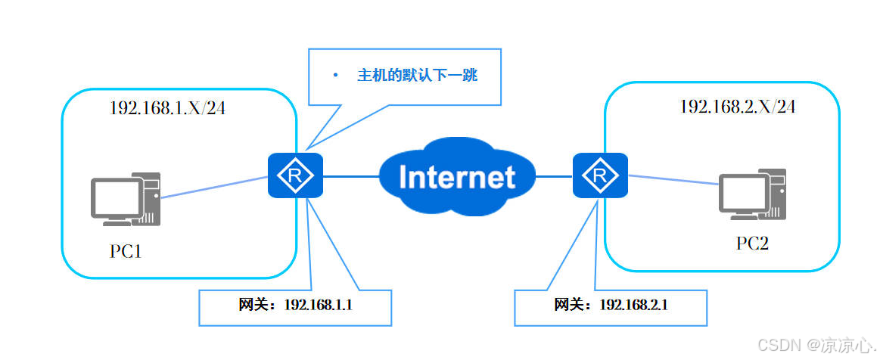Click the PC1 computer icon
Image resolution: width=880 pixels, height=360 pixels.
pos(125,200)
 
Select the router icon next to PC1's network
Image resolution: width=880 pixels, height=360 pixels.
pos(295,175)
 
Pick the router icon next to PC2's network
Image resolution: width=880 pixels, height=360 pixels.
pos(600,175)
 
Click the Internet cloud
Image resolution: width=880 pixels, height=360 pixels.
pos(457,176)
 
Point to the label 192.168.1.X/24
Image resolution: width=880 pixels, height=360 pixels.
pos(167,108)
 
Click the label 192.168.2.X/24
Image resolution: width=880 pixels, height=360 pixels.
pos(738,107)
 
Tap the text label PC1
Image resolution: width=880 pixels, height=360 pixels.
pos(126,251)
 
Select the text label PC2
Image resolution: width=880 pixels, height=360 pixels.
pos(752,244)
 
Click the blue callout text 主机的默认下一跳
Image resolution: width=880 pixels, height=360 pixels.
pos(417,76)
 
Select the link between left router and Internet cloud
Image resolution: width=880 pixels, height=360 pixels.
pos(351,176)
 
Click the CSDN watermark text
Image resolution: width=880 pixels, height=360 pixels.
pos(817,345)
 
